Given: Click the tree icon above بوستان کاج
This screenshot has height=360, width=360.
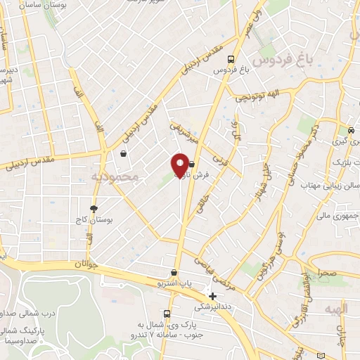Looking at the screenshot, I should tap(94, 208).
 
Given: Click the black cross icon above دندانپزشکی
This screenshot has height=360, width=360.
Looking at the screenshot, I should tap(212, 296).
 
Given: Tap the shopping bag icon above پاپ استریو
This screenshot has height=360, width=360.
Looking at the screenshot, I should tap(174, 273).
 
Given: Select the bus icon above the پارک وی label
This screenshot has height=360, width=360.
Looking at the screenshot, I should tap(167, 314).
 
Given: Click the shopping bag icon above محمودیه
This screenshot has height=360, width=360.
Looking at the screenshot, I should tap(124, 153).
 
